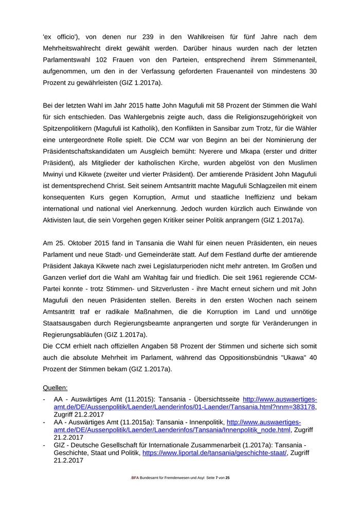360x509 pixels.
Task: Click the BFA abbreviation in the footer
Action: point(135,478)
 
